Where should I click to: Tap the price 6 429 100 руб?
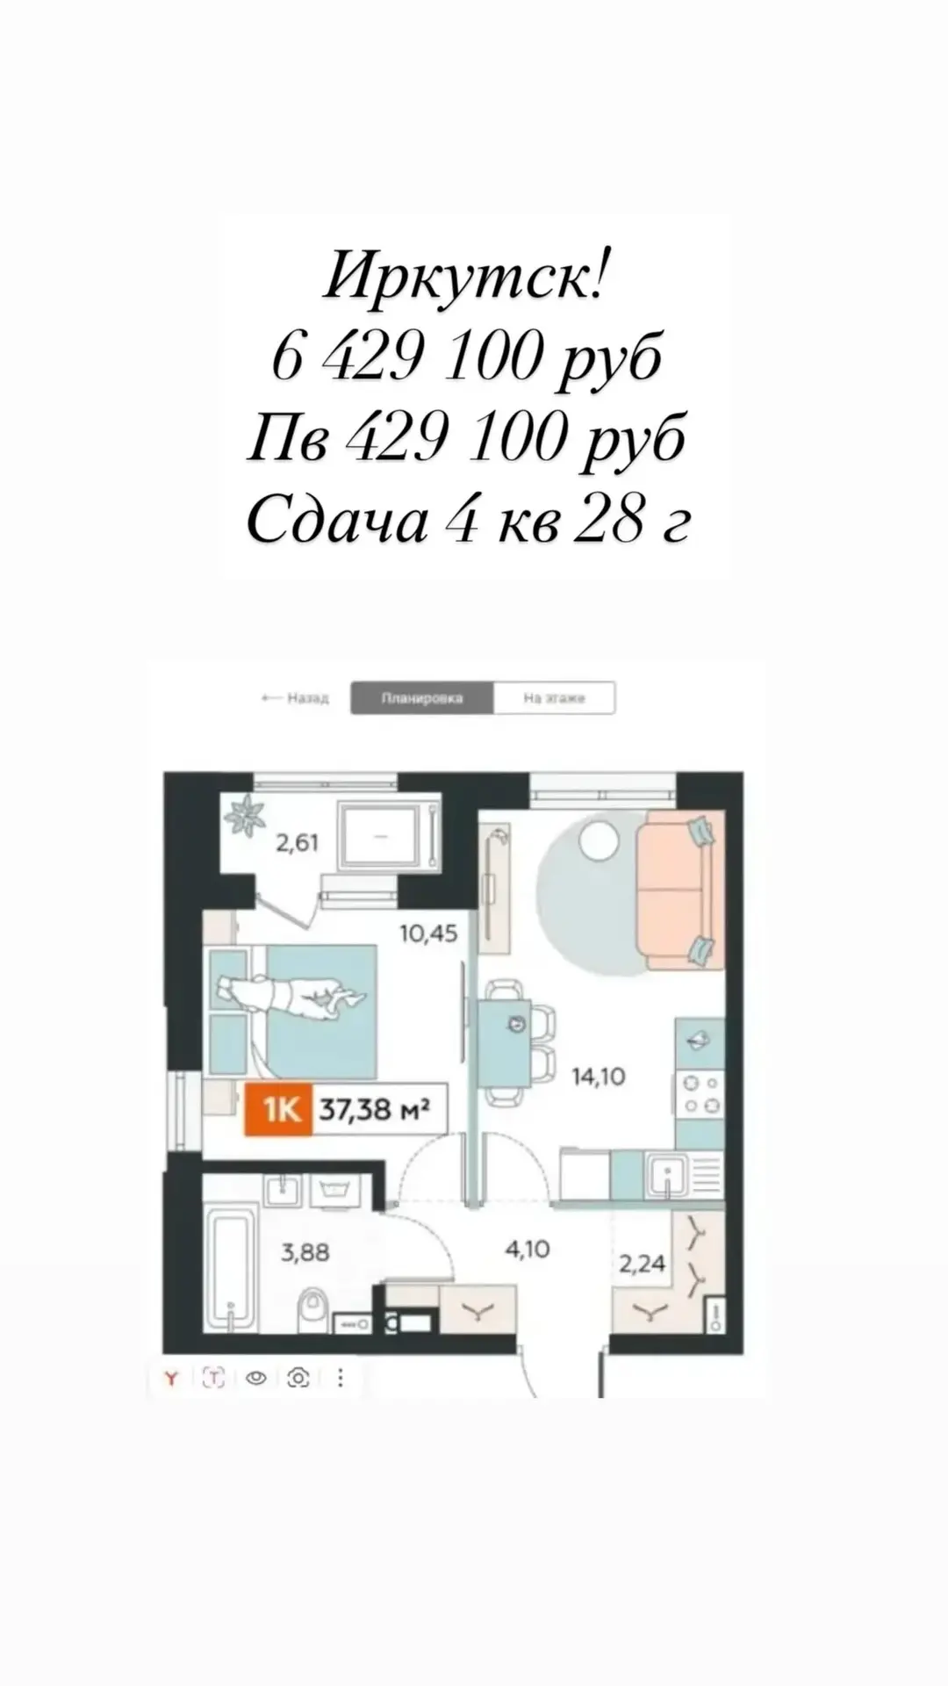click(x=465, y=358)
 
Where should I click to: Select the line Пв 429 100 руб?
click(x=465, y=439)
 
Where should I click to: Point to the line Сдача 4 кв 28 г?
click(x=468, y=521)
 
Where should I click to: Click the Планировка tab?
click(x=422, y=698)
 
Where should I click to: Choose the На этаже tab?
click(x=554, y=698)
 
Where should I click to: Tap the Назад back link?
click(x=295, y=698)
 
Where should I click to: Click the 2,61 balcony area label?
click(x=298, y=843)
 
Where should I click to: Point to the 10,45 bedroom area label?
click(x=428, y=933)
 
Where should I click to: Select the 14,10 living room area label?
click(x=599, y=1076)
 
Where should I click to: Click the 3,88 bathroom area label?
click(x=305, y=1251)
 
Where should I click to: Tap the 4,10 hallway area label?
click(x=528, y=1248)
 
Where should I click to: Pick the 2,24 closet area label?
click(x=643, y=1264)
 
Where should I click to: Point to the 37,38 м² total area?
click(x=374, y=1110)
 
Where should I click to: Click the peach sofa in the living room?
click(x=680, y=891)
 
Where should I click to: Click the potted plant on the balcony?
click(x=245, y=814)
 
